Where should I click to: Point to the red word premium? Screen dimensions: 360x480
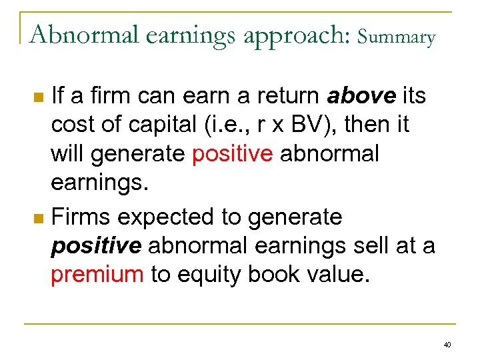pyautogui.click(x=97, y=275)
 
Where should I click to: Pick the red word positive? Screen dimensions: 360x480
pyautogui.click(x=232, y=154)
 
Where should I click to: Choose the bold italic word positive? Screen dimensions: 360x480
pyautogui.click(x=96, y=246)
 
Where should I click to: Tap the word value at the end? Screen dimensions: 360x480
pyautogui.click(x=339, y=275)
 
